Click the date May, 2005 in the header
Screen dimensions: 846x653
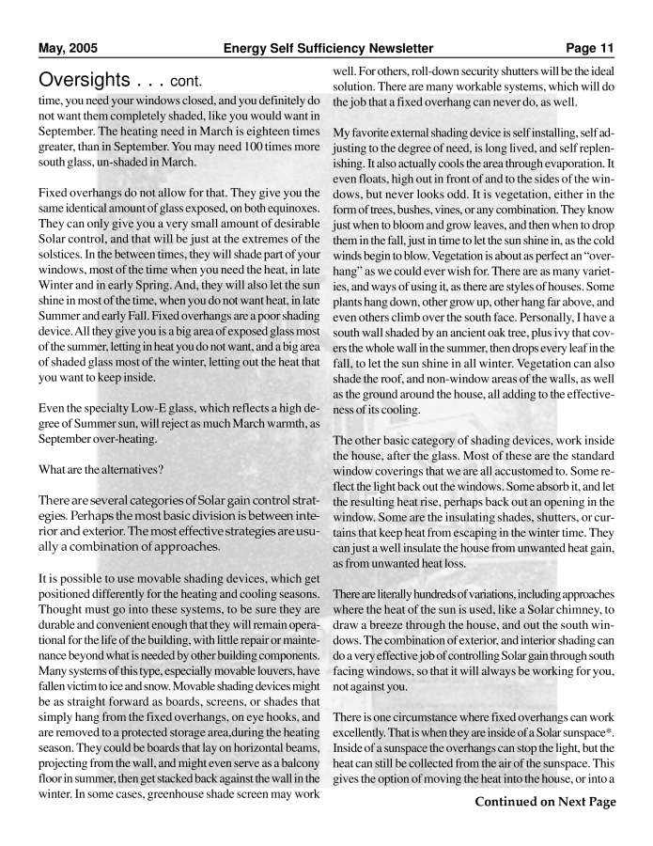pos(68,49)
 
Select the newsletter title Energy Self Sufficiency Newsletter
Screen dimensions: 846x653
pos(328,49)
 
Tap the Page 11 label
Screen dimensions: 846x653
pos(590,49)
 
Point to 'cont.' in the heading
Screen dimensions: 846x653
pos(190,79)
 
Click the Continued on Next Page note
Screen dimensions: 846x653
pos(545,802)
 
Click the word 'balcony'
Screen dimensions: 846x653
pos(297,744)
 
